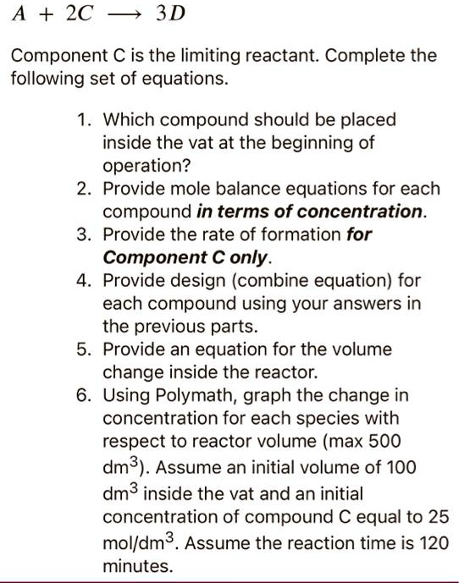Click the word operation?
pyautogui.click(x=141, y=166)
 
